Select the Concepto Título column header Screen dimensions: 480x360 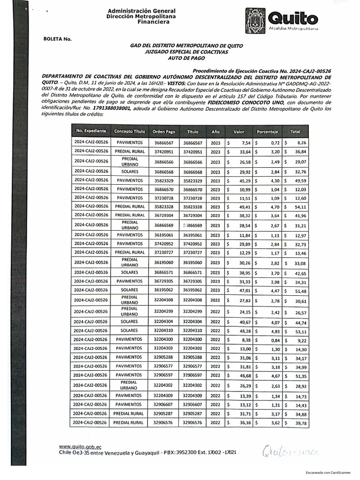pyautogui.click(x=130, y=132)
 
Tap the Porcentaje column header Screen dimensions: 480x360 pyautogui.click(x=268, y=132)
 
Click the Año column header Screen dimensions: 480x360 pyautogui.click(x=215, y=132)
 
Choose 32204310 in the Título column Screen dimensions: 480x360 pyautogui.click(x=193, y=330)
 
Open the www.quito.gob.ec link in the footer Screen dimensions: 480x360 pyautogui.click(x=80, y=447)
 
